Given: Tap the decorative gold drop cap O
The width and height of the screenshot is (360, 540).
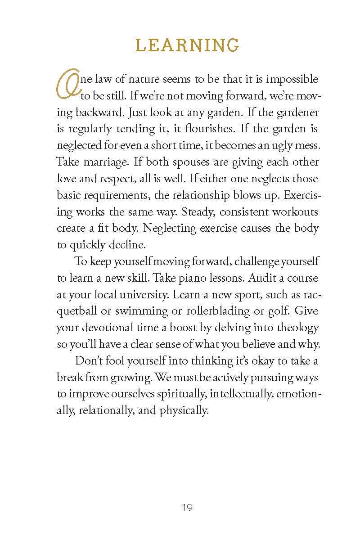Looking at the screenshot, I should click(x=67, y=85).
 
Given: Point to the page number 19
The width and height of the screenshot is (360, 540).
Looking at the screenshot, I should click(x=187, y=508).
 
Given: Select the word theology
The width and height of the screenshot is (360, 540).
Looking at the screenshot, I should click(x=296, y=327).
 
